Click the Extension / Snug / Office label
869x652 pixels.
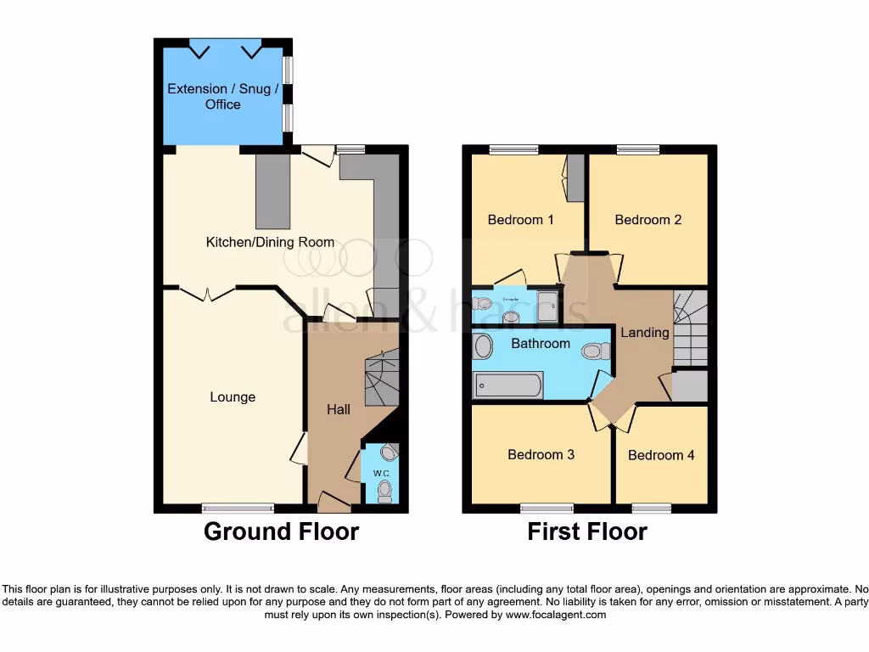click(222, 96)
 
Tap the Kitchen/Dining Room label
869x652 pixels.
click(270, 242)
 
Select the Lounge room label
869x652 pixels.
click(233, 397)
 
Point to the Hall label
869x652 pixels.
click(339, 409)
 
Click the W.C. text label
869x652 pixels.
click(380, 472)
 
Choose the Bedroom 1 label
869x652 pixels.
click(520, 220)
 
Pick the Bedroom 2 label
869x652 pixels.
click(648, 220)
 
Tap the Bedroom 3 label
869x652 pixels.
click(541, 454)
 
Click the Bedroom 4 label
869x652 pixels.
click(661, 455)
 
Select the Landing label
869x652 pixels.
click(645, 333)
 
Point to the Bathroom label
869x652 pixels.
click(541, 343)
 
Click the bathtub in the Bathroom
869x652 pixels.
click(507, 385)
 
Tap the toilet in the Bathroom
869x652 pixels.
click(597, 350)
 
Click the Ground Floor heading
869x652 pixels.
click(281, 532)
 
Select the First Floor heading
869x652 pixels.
click(587, 532)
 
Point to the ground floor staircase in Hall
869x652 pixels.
click(380, 379)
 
